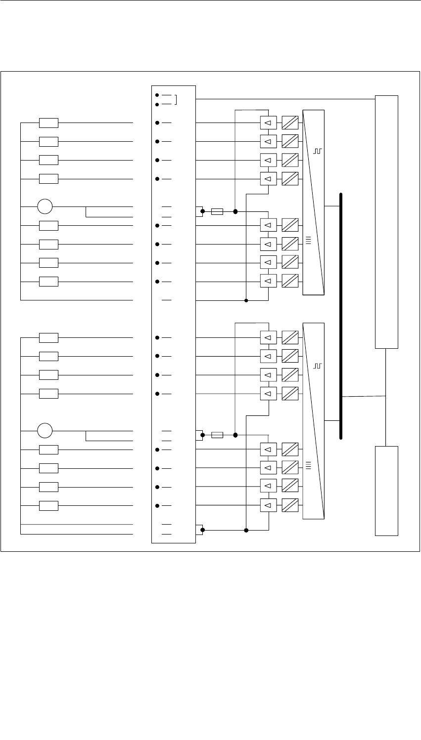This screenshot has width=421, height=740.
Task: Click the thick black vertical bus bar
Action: pos(341,316)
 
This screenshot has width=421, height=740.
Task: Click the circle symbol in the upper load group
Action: pos(45,206)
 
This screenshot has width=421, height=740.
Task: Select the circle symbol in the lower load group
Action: pos(45,430)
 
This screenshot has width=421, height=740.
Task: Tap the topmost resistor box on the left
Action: pos(48,123)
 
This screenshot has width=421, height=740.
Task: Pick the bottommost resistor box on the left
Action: pos(48,505)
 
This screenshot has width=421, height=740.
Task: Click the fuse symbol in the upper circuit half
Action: pos(217,211)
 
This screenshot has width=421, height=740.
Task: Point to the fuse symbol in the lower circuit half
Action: pos(217,435)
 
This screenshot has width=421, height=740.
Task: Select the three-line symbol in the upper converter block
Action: pos(308,241)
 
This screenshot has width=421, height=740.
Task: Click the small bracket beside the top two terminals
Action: pos(176,99)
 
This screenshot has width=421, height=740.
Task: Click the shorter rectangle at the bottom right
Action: pos(386,491)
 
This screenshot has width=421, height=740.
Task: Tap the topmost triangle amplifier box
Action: pos(268,123)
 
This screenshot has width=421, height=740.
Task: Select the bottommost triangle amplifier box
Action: pos(268,505)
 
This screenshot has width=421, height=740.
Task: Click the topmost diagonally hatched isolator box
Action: pos(290,123)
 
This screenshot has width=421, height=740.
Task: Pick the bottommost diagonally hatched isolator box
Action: pos(290,505)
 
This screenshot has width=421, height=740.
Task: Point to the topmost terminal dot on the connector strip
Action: pos(157,94)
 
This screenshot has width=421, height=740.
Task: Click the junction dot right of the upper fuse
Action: pos(235,211)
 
